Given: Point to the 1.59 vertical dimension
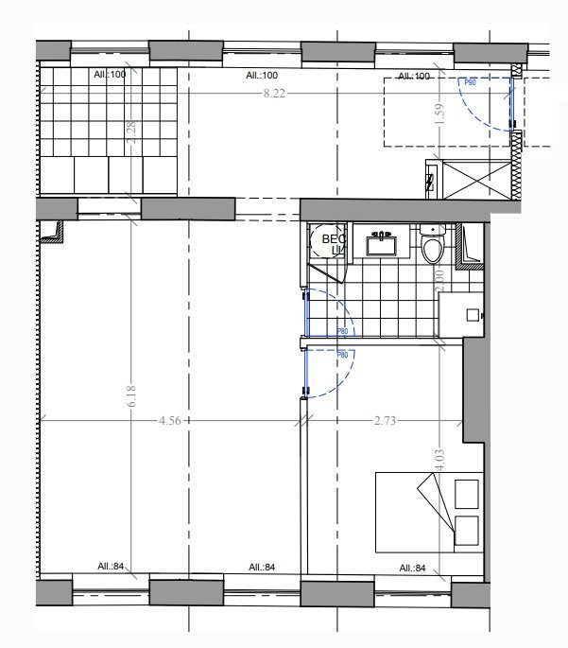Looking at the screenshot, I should [x=438, y=113].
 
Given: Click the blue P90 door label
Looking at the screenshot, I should [x=469, y=83].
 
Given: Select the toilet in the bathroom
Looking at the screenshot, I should [x=433, y=249].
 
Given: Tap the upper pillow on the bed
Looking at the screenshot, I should [x=466, y=493].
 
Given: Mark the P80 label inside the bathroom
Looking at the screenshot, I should [x=344, y=332].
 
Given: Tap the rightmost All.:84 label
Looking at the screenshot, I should [x=411, y=569].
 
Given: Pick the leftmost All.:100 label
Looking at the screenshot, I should [x=111, y=74].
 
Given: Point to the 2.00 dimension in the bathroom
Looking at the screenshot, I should [x=439, y=281].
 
